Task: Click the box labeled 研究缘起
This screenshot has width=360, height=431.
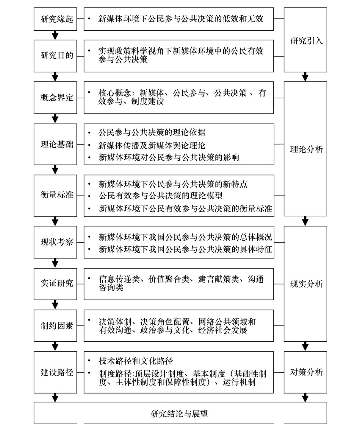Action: coord(55,19)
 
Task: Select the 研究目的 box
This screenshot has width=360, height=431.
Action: coord(55,56)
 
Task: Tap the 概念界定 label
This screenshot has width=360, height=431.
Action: coord(57,97)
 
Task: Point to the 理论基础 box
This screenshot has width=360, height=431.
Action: coord(55,144)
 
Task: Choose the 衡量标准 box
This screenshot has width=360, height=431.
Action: coord(55,196)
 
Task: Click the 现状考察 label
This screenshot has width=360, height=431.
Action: coord(57,242)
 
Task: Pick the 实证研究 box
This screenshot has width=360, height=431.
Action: coord(55,284)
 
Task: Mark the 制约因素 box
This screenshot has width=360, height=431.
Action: coord(55,326)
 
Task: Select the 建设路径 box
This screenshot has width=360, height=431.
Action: coord(55,372)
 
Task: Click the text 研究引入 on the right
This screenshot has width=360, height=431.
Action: coord(306,41)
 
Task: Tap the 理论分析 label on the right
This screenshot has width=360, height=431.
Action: coord(306,149)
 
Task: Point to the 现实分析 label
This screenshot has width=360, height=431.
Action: coord(306,284)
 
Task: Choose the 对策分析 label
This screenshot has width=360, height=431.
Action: coord(306,372)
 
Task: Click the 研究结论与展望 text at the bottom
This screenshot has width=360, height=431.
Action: coord(179,414)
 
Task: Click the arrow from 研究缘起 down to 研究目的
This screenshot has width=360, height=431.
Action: coord(55,35)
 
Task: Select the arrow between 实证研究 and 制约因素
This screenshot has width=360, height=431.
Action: coord(55,305)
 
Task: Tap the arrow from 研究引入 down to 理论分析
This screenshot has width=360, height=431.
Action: coord(305,77)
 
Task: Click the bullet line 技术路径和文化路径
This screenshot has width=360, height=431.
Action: coord(136,361)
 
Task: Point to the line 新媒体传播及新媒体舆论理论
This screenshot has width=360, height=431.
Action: coord(152,146)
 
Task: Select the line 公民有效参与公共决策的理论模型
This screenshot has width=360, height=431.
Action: coord(161,196)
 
